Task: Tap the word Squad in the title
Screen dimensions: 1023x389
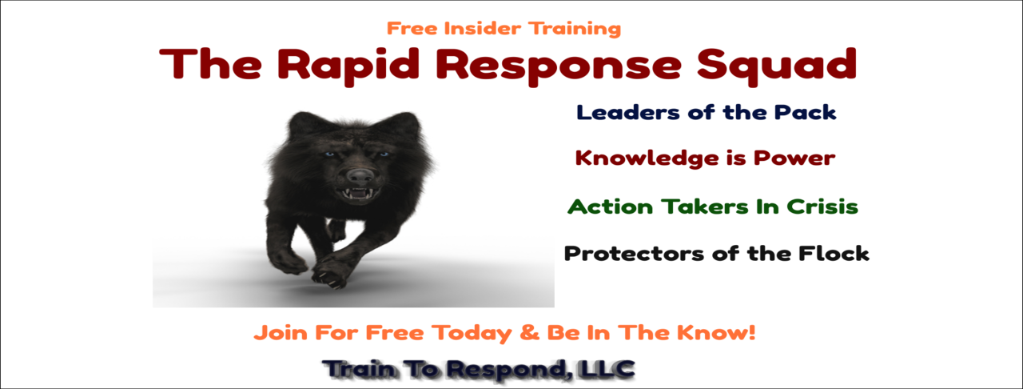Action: tap(776, 66)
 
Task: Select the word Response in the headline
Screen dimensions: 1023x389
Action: tap(558, 66)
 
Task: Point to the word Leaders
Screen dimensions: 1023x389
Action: tap(628, 113)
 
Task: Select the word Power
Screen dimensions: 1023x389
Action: tap(794, 158)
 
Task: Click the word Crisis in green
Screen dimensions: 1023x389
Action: tap(822, 207)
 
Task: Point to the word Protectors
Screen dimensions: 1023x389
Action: tap(634, 254)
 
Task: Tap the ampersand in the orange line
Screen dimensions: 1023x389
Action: tap(529, 333)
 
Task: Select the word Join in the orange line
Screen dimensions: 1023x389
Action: tap(281, 333)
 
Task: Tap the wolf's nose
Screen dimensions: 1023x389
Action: tap(360, 174)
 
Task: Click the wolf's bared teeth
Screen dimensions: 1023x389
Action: tap(359, 193)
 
